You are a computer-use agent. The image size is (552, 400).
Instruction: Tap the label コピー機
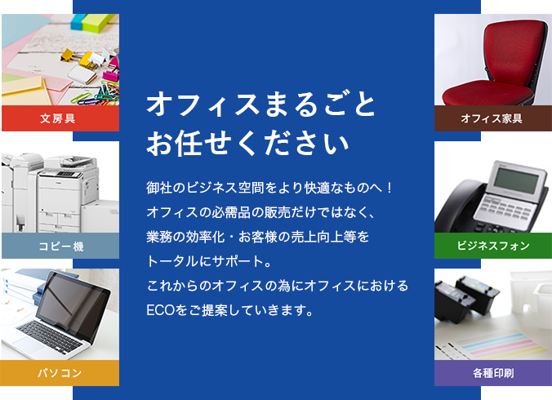point(60,246)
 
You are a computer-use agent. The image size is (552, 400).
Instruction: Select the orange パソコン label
point(60,373)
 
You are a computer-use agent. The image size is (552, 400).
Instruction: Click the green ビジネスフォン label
point(493,246)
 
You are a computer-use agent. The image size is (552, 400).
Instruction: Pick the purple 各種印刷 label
point(493,373)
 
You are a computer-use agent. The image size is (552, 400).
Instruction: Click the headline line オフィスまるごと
point(260,104)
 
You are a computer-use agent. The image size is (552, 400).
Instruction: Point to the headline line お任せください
point(247,143)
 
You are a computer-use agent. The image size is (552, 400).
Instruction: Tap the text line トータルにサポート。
point(209,261)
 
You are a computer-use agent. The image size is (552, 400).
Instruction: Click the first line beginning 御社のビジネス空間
point(270,188)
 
